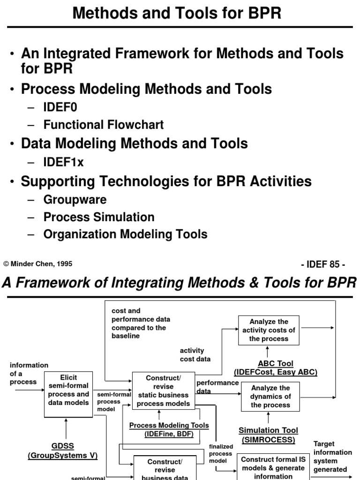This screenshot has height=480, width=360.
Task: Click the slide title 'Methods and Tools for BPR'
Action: coord(177,13)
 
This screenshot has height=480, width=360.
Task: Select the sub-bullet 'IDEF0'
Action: coord(60,107)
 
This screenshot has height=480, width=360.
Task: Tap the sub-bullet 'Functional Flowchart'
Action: coord(103,125)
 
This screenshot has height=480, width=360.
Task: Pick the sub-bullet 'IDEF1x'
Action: coord(63,162)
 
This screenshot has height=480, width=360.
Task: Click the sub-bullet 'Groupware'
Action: coord(75,200)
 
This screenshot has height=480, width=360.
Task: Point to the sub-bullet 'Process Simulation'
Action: coord(98,217)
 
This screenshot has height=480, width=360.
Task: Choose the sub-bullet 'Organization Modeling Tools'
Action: coord(125,234)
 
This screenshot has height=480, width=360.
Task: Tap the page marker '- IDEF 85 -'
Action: coord(323,264)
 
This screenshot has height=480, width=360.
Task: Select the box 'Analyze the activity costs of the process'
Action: coord(269,330)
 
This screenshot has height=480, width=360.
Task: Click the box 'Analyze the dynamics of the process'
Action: coord(270,396)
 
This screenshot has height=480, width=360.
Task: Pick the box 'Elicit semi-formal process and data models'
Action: coord(68,394)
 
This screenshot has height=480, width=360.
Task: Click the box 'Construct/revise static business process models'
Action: coord(163,390)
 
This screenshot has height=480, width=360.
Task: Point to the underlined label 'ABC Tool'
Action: coord(276,363)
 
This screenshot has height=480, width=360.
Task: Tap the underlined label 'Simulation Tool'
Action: coord(268,430)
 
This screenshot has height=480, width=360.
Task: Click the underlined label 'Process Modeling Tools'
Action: coord(169,425)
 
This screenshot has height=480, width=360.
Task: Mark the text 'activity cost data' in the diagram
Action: coord(195,354)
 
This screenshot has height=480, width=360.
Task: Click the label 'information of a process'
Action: coord(29,373)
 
